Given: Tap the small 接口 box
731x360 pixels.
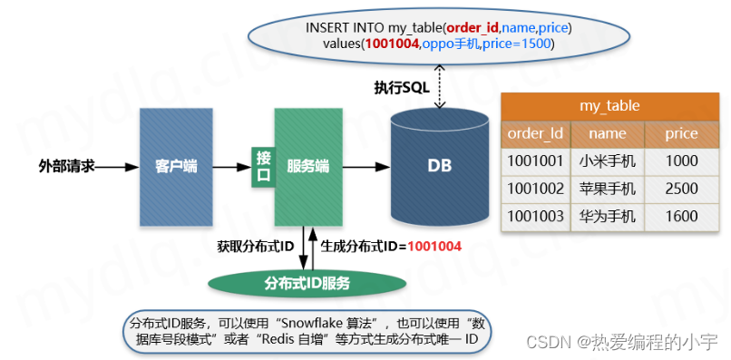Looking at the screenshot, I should (x=263, y=167).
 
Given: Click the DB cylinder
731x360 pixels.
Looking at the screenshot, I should (x=439, y=167).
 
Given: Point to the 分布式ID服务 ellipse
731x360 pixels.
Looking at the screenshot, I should (x=307, y=282).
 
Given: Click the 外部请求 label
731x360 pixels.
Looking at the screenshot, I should (x=66, y=167).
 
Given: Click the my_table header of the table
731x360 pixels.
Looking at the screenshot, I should (x=609, y=106).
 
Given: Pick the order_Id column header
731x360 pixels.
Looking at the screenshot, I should (x=535, y=133).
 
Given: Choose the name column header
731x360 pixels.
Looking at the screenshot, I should (x=607, y=133).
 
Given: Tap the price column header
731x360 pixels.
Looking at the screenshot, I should (x=681, y=133).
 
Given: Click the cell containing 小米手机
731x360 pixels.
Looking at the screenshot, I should (x=607, y=161).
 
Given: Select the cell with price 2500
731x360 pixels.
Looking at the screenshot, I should (x=681, y=189).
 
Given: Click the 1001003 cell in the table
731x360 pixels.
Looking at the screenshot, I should (x=535, y=217).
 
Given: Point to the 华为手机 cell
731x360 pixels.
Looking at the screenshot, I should (x=607, y=217).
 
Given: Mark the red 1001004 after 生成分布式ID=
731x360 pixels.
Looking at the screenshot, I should (x=434, y=245).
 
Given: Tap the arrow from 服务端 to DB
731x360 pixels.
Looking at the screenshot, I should (x=368, y=167).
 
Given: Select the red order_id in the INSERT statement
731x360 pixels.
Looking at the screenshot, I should (x=473, y=28).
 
